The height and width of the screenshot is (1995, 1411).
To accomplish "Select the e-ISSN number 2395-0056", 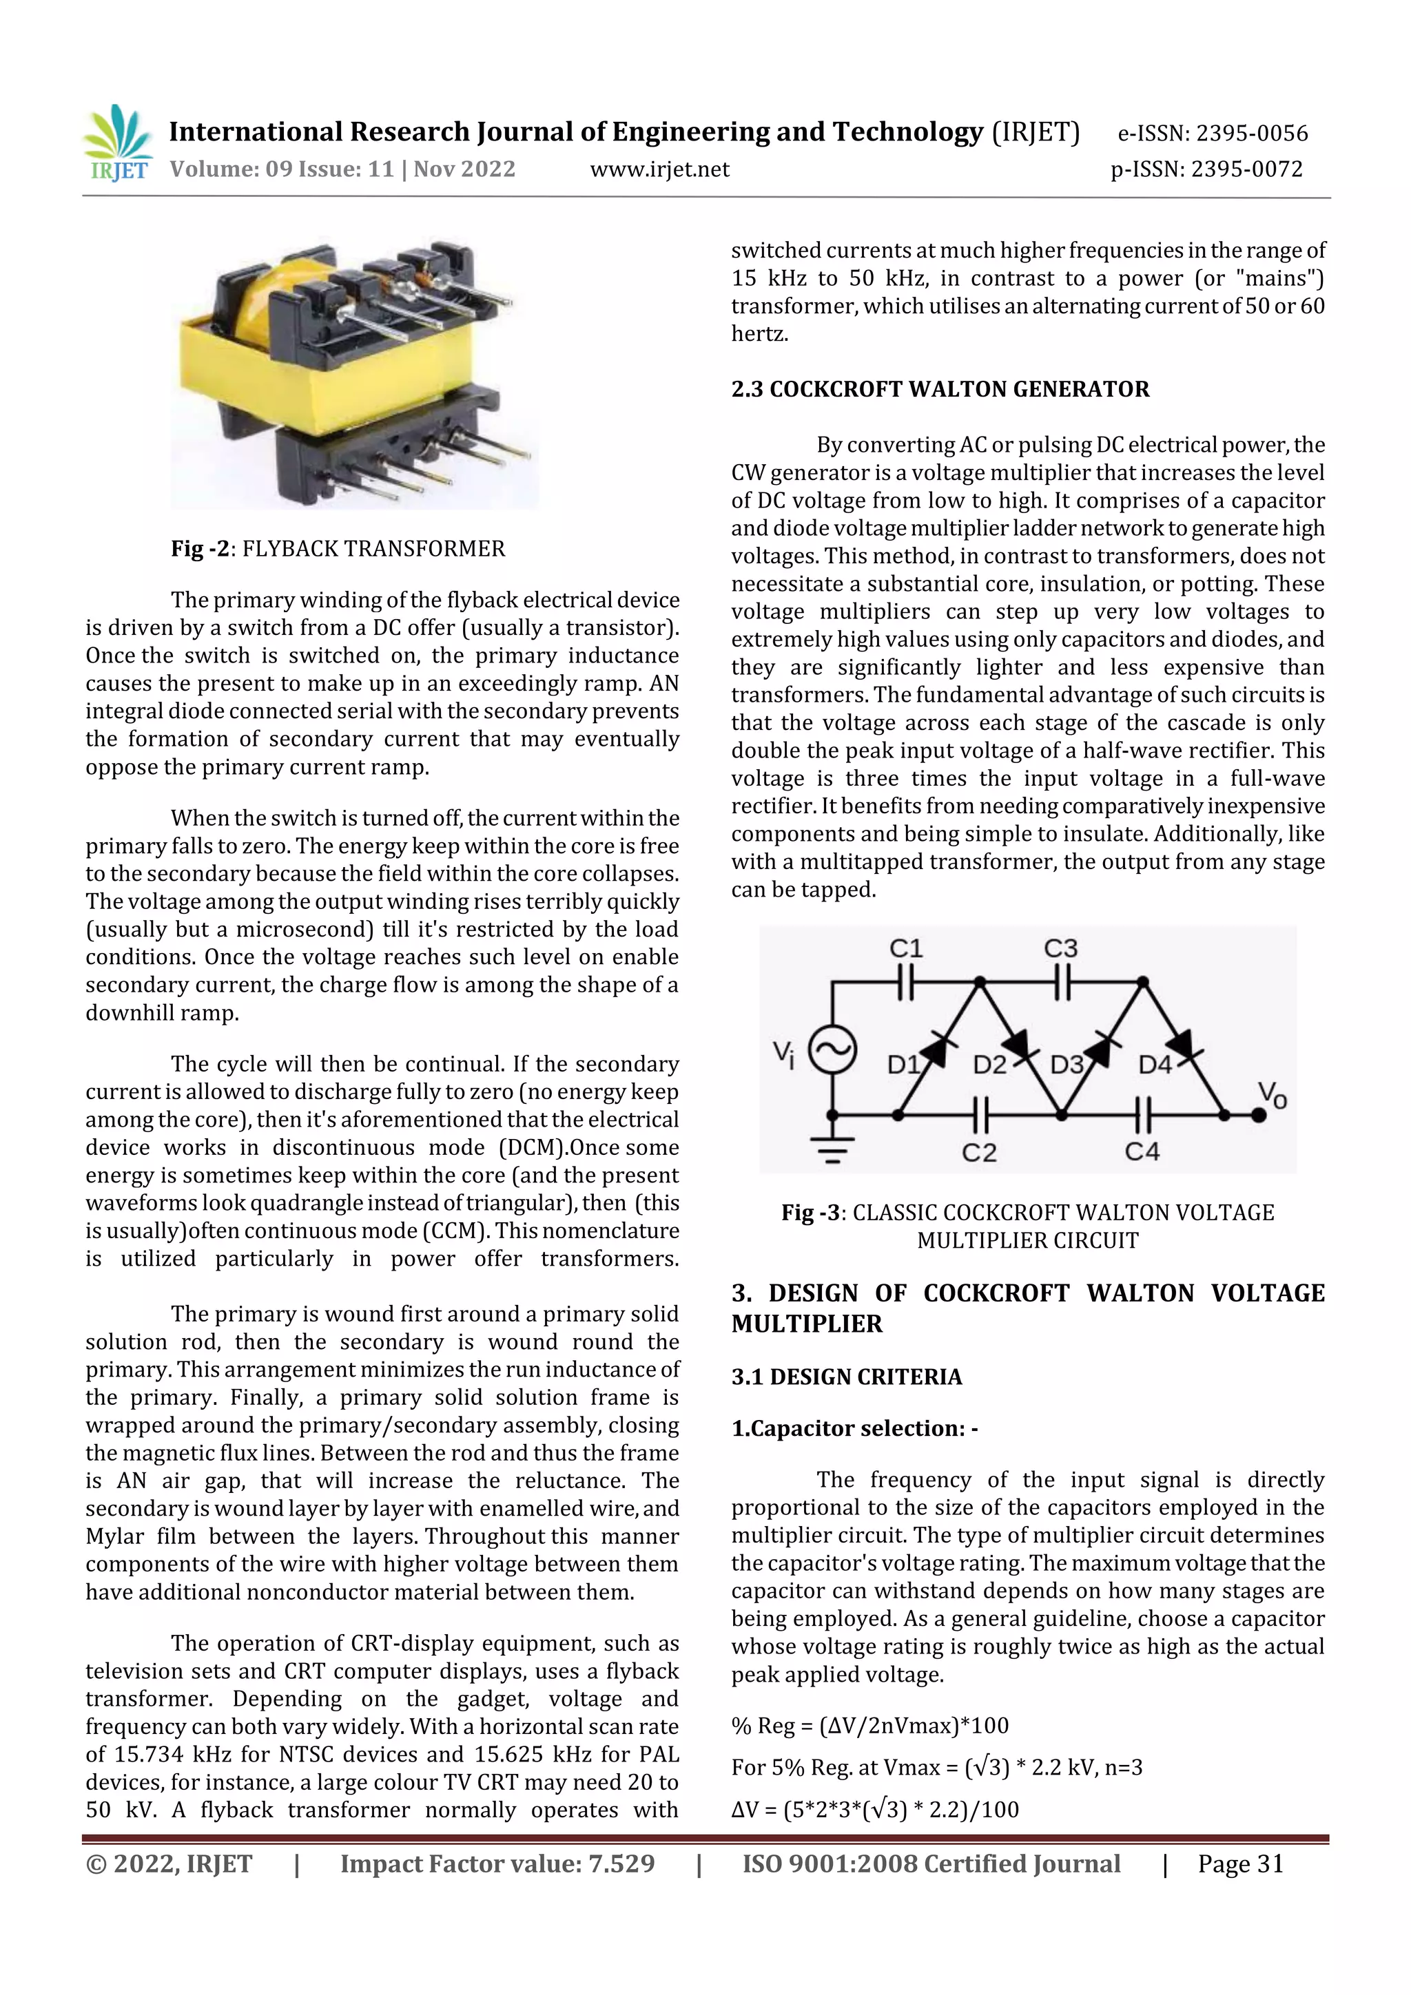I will [1213, 133].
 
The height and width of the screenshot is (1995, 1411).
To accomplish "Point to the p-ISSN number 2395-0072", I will [1206, 169].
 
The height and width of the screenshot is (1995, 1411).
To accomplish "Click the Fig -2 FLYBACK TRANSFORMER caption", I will [338, 548].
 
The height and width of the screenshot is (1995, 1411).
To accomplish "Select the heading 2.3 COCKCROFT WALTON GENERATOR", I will [940, 388].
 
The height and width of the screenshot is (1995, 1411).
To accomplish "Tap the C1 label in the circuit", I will [906, 948].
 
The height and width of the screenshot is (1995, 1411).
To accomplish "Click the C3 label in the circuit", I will [1060, 948].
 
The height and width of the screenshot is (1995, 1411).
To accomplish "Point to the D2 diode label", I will [989, 1065].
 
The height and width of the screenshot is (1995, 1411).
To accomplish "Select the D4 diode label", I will [1155, 1065].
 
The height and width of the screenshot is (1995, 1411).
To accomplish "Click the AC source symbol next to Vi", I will [832, 1049].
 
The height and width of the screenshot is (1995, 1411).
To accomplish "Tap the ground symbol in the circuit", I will [832, 1151].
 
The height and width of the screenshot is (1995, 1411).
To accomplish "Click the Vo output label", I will [1272, 1095].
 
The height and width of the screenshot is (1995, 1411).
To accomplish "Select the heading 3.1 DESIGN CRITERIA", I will [846, 1377].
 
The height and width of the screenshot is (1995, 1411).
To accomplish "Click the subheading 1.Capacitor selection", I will [854, 1428].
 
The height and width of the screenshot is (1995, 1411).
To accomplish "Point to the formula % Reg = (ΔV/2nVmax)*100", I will [869, 1726].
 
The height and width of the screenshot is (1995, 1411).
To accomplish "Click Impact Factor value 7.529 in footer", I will [497, 1863].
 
